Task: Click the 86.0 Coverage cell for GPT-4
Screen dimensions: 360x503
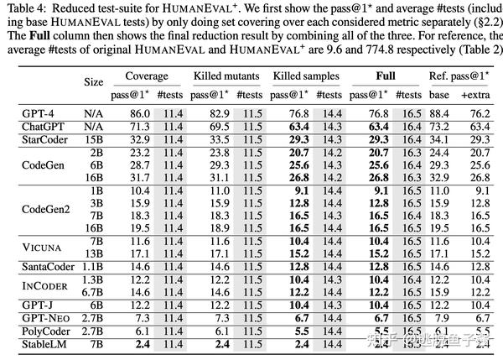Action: [138, 113]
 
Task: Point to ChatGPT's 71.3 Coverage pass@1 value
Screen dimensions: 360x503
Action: [138, 125]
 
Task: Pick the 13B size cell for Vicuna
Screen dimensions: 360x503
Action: [95, 253]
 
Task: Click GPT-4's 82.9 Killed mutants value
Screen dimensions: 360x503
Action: [216, 113]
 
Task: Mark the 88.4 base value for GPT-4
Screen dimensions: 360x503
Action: [438, 113]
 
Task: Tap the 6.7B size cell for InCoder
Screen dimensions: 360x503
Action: [93, 291]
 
